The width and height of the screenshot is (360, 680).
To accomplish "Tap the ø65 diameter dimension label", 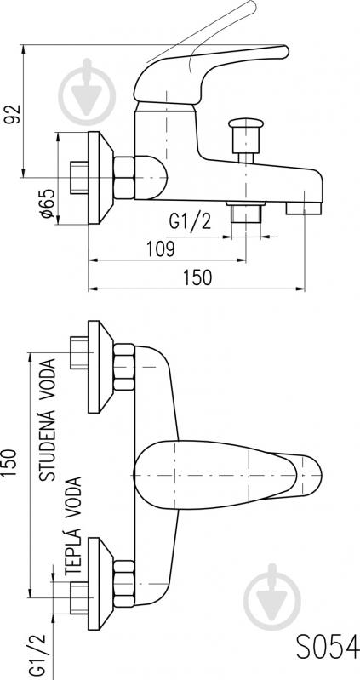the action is (48, 203).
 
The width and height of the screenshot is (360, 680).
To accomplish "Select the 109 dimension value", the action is (160, 249).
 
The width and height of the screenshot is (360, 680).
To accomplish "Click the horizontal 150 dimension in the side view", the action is (197, 277).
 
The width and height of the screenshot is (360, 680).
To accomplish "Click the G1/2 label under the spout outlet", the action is (190, 221).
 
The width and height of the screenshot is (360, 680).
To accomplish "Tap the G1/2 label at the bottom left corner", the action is (37, 656).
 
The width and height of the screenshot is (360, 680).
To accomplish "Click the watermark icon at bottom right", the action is (272, 597).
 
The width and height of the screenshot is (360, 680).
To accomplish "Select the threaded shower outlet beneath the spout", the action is (246, 212).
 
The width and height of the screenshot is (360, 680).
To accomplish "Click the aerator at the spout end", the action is (304, 209).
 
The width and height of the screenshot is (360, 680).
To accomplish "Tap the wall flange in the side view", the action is (100, 178).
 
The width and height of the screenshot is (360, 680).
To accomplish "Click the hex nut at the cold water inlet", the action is (124, 367).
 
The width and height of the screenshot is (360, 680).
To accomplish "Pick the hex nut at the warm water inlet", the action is (124, 584).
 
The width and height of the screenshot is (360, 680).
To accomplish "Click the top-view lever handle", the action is (228, 475).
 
